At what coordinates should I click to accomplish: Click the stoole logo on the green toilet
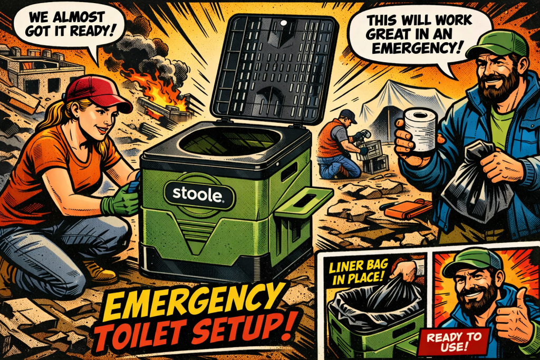[196, 193]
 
